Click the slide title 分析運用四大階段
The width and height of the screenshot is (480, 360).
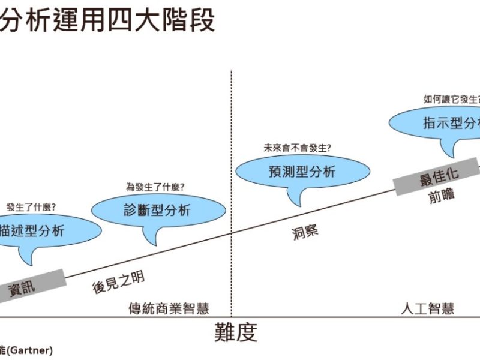click(x=108, y=22)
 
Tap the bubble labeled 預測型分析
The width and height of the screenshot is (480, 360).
click(x=302, y=171)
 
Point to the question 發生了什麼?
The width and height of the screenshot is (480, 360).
click(x=31, y=208)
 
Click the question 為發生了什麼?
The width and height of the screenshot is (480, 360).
click(x=155, y=187)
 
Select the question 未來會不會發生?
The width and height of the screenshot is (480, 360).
click(x=297, y=148)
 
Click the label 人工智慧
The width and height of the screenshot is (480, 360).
click(x=427, y=309)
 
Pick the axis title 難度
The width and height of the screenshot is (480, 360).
click(x=236, y=332)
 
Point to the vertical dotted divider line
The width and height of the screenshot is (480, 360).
click(x=232, y=180)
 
